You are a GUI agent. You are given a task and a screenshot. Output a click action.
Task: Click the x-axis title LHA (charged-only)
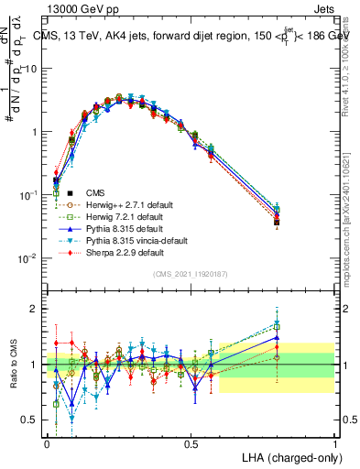287,457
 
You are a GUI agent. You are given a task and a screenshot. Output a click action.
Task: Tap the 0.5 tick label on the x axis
191,443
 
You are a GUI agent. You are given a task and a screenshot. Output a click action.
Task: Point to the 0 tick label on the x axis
48,443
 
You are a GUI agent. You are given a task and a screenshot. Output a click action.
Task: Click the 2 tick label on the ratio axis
33,309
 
